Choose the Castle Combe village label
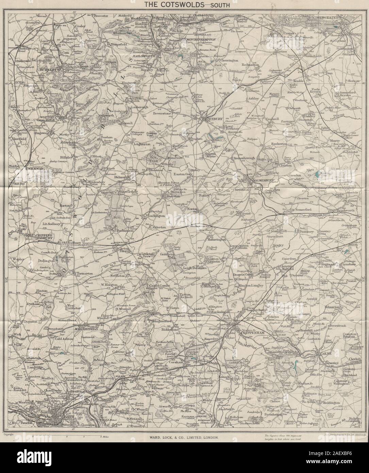tap(157, 286)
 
